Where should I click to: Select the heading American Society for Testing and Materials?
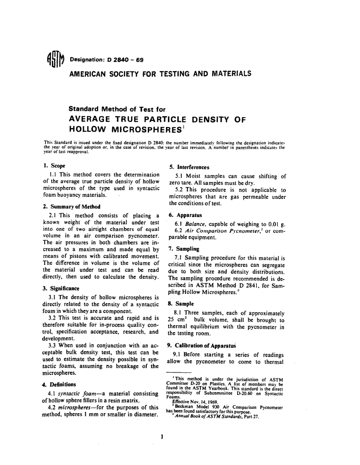click(x=160, y=73)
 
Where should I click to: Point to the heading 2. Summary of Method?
click(x=72, y=206)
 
